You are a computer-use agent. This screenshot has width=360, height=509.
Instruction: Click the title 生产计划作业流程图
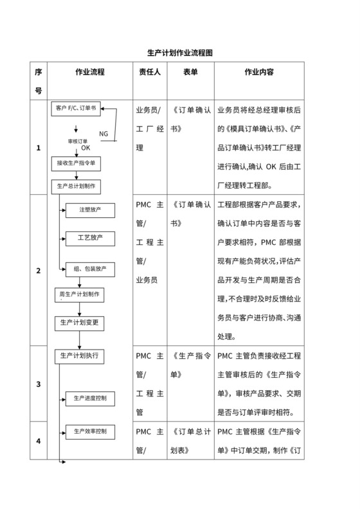coord(179,53)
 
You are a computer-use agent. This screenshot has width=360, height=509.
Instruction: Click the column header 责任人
coord(150,72)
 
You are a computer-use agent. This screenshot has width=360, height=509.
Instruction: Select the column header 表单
coord(190,72)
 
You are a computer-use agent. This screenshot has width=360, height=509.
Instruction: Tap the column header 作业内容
coord(260,72)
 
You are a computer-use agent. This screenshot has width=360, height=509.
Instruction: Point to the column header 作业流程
coord(90,72)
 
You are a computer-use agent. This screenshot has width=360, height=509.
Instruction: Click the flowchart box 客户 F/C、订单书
coord(76,108)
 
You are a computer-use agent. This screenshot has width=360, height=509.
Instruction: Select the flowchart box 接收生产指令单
coord(76,163)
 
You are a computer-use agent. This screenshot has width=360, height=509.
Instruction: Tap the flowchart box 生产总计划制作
coord(76,186)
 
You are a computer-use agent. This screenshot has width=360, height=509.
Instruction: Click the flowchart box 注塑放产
coord(90,210)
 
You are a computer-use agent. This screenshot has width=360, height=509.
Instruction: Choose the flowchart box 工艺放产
coord(90,238)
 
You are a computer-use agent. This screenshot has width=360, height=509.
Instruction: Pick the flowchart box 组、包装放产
coord(90,267)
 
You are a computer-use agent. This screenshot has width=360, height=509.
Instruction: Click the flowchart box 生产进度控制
coord(90,398)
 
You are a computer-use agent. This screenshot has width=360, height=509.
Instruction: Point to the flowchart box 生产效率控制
coord(90,430)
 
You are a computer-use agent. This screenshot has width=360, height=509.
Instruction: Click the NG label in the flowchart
coord(104,134)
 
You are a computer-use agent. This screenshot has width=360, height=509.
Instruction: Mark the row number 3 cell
coord(39,384)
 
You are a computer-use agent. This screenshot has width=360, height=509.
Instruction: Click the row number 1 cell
coord(39,148)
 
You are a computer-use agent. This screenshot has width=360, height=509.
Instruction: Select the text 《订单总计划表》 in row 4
coord(190,441)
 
